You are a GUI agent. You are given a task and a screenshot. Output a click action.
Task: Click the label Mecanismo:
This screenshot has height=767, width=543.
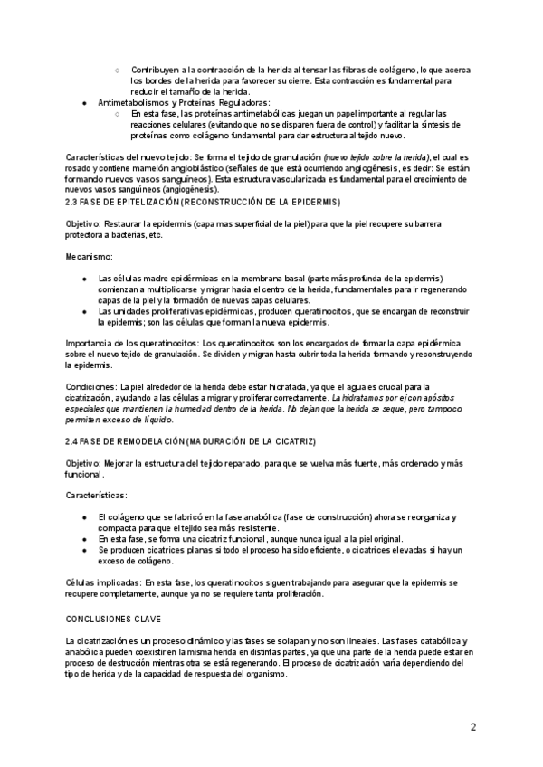[89, 257]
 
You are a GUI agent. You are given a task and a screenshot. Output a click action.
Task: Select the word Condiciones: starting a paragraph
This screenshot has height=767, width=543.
[90, 386]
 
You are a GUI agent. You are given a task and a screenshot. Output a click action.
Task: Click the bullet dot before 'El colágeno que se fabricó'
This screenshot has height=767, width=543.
[85, 517]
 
